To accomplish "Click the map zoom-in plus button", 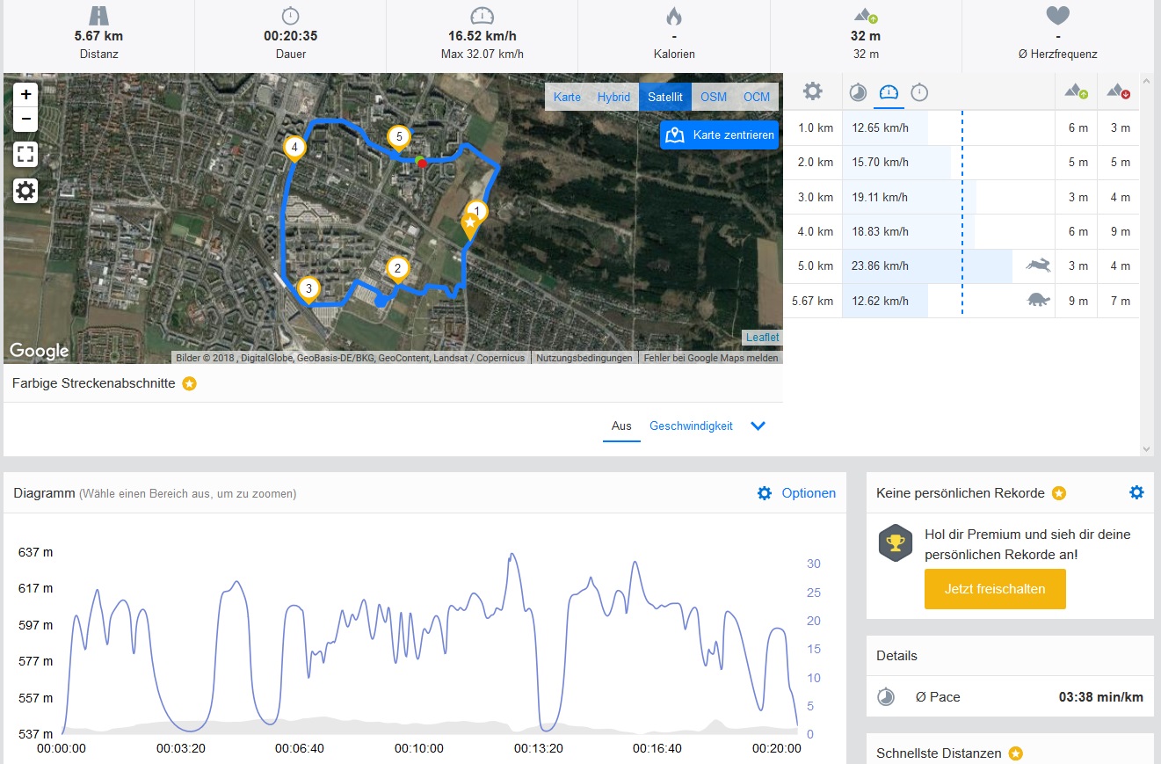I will tap(26, 94).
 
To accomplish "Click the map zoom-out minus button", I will tap(26, 119).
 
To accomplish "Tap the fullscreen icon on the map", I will tap(26, 155).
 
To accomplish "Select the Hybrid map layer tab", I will tap(613, 97).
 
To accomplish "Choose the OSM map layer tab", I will tap(714, 97).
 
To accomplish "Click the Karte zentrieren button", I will tap(720, 135).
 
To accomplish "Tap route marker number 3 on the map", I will tap(308, 288).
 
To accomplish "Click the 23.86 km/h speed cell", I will tap(880, 266).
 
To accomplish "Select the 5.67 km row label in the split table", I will tap(812, 301).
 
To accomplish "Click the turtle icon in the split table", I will tap(1039, 301).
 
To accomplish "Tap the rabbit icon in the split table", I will tap(1038, 266).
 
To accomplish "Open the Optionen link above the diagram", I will tap(808, 493).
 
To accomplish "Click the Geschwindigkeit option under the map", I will tap(691, 426).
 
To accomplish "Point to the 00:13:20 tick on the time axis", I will tap(537, 748).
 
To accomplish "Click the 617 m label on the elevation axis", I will tap(36, 588).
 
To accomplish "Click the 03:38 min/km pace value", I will tap(1100, 697).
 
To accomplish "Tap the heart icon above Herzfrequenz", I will tap(1057, 16).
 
